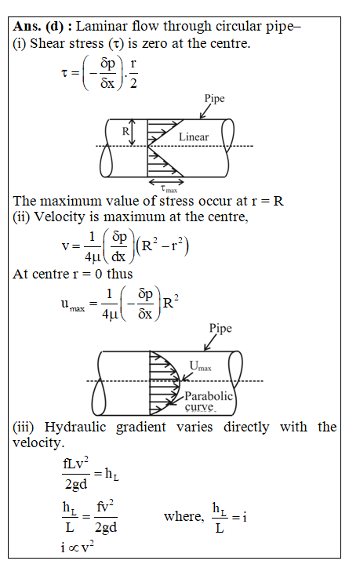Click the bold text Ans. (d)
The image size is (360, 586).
[x=38, y=27]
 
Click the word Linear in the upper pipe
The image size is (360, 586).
[x=193, y=136]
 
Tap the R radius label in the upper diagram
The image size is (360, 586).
[x=125, y=131]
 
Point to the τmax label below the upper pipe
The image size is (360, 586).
[x=169, y=189]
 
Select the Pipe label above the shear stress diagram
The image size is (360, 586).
[x=214, y=98]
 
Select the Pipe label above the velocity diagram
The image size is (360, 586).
[x=220, y=328]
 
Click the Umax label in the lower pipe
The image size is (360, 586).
[x=200, y=366]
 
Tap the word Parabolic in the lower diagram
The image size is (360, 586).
[x=209, y=396]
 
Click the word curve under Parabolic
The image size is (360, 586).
[x=200, y=406]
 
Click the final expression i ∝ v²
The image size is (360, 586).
[x=78, y=548]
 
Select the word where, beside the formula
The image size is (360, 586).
[x=184, y=516]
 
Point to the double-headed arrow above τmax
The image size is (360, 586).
[x=166, y=182]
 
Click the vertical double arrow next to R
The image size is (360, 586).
[x=132, y=133]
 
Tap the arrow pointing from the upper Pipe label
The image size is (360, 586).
[x=205, y=111]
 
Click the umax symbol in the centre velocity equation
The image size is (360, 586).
[x=73, y=304]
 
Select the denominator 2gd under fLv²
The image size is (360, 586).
[x=76, y=484]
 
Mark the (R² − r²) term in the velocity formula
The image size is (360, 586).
[x=162, y=246]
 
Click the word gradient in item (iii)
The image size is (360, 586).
[x=140, y=428]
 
